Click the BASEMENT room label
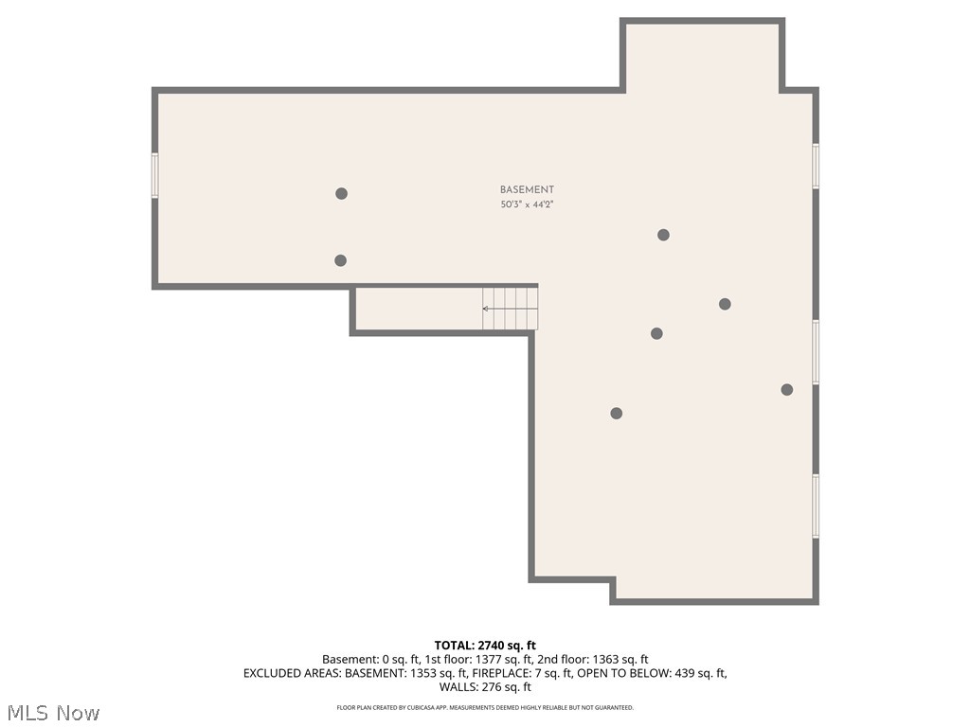pos(527,189)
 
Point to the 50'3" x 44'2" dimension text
pos(527,204)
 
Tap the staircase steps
pos(512,309)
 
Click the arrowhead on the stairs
pos(486,309)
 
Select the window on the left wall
pos(154,175)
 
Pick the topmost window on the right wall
pos(816,166)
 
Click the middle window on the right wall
pos(816,351)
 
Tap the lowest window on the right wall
pos(816,505)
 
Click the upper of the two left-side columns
pos(341,193)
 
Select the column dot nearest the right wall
pos(786,389)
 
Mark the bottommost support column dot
pos(616,413)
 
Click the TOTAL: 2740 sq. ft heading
pos(485,646)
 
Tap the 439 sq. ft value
pos(696,674)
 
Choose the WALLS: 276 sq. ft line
pos(485,687)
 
